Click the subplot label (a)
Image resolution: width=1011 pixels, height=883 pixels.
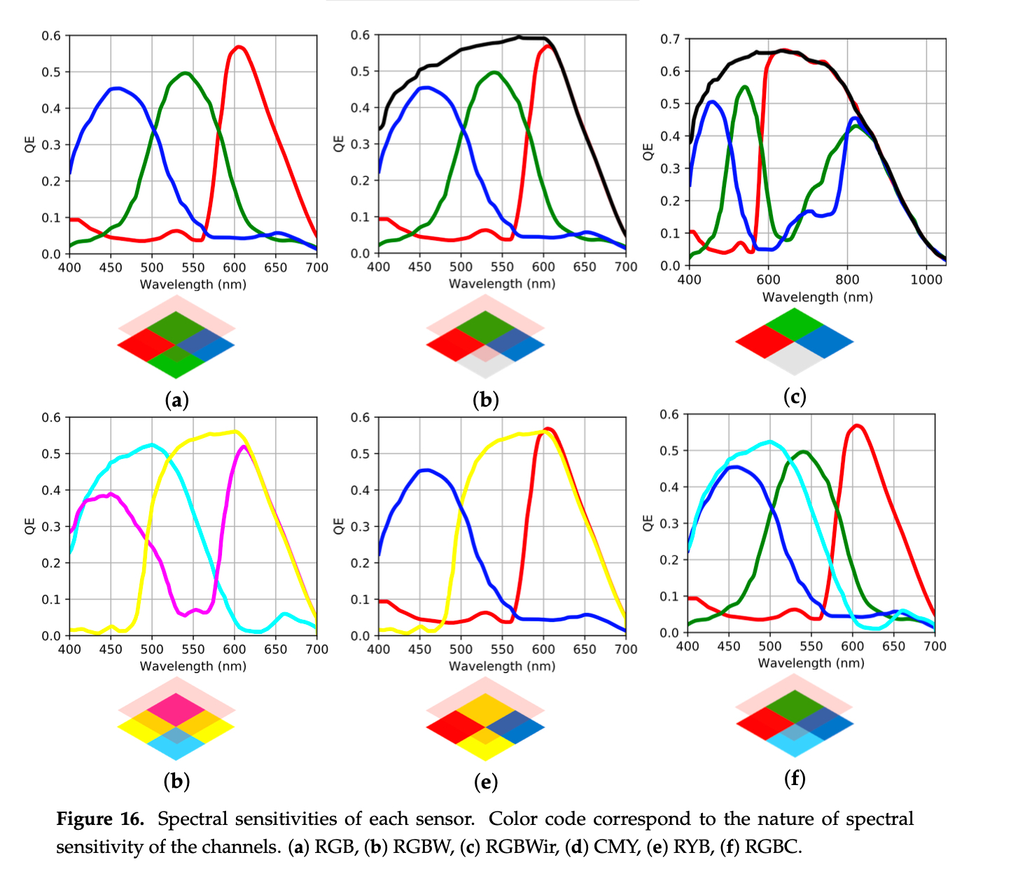[176, 400]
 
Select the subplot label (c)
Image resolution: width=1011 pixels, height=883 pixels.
[795, 397]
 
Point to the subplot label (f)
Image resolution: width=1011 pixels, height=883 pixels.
[795, 778]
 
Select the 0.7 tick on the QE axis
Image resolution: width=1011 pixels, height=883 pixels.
[670, 39]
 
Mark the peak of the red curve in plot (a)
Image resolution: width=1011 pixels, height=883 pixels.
[239, 47]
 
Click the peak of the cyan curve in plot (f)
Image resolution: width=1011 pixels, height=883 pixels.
[770, 441]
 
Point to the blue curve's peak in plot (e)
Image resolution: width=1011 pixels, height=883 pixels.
[426, 469]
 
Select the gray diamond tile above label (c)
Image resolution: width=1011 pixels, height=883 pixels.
[795, 359]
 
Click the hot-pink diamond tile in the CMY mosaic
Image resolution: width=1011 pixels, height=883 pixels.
[176, 709]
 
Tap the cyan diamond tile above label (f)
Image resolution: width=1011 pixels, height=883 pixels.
[795, 741]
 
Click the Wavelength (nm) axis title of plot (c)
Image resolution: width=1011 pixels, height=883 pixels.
[818, 297]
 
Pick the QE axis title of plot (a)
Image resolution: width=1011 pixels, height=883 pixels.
[30, 144]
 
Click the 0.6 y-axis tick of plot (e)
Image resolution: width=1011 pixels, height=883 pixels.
[360, 418]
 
